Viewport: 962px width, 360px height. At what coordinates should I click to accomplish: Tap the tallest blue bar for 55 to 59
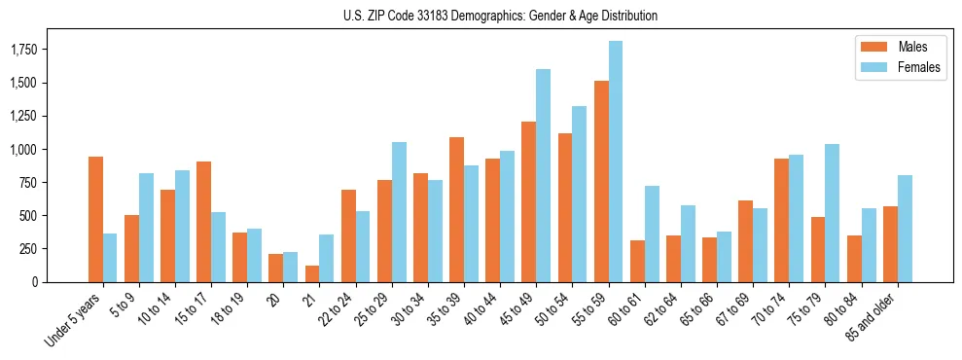[616, 162]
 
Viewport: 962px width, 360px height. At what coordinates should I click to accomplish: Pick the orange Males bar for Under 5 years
[95, 219]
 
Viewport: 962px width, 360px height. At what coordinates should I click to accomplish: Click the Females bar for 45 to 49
[544, 175]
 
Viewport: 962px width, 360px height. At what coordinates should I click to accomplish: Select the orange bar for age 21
[312, 273]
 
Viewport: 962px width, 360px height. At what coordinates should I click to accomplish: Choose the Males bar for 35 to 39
[456, 209]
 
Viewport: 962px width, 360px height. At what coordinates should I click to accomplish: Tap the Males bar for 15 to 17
[203, 222]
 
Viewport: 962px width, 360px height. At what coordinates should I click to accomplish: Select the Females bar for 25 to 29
[399, 212]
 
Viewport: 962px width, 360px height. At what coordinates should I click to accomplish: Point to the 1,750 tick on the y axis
[39, 49]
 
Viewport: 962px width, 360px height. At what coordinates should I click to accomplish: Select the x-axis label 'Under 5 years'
[74, 321]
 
